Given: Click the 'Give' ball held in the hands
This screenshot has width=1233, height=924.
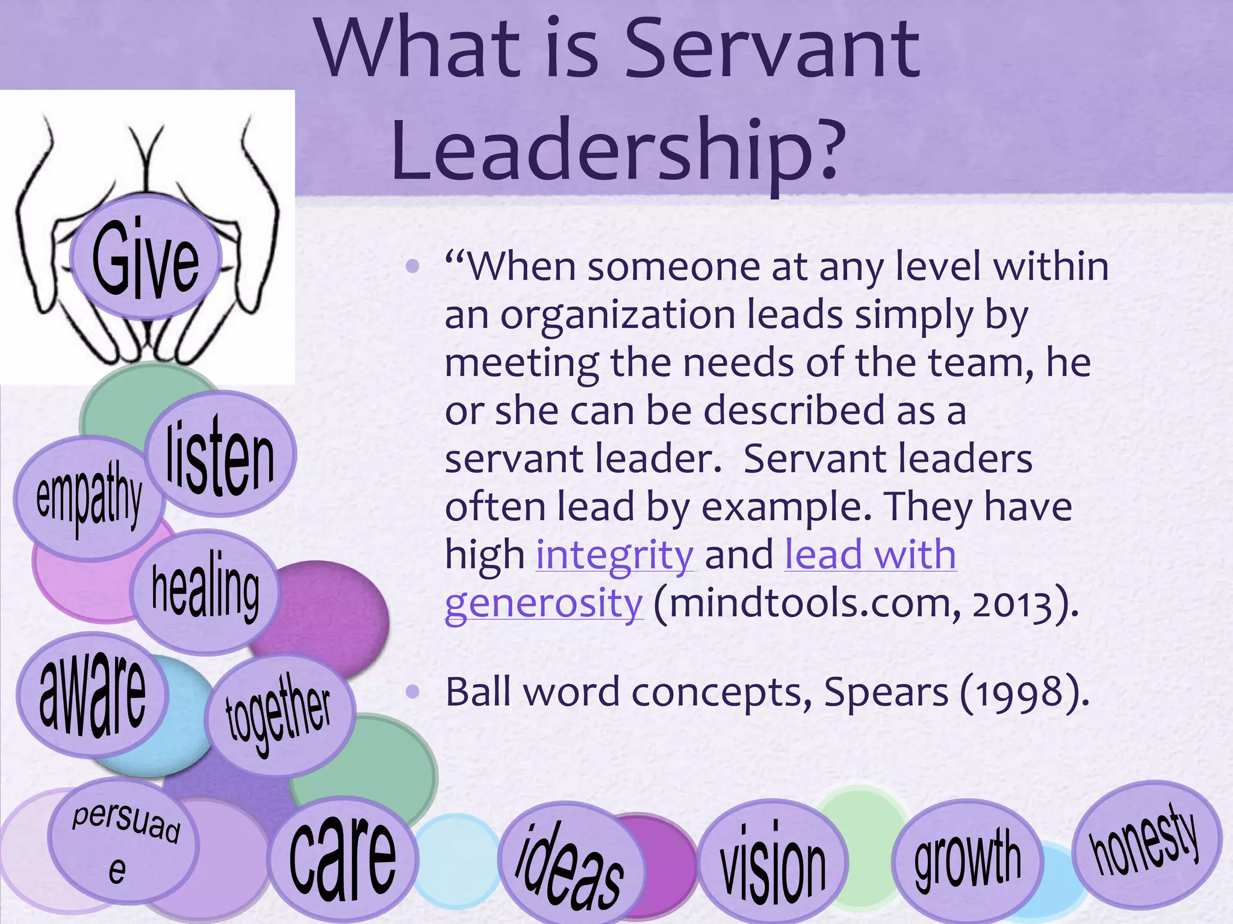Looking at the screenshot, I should (x=145, y=257).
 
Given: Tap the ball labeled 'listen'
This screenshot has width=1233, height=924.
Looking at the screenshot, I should (x=220, y=455).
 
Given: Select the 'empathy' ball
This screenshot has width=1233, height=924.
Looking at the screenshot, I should (x=89, y=498).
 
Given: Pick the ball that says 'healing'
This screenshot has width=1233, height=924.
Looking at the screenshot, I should (x=205, y=591).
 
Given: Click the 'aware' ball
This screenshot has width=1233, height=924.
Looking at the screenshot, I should (x=92, y=695).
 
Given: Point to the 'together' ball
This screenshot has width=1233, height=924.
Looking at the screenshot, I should (x=278, y=715).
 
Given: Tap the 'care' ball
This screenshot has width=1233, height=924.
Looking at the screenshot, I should (x=342, y=858).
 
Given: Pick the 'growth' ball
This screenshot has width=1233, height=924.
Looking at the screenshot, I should (x=967, y=860).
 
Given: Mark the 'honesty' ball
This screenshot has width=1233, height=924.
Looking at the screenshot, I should (x=1145, y=842).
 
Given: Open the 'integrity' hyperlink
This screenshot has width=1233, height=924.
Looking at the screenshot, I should (x=615, y=555).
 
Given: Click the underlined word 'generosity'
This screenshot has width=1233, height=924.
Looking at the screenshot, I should (x=544, y=603).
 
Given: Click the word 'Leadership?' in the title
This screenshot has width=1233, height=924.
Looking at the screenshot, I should (x=614, y=149).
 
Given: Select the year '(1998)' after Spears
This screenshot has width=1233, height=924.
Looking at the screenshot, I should (x=1023, y=693).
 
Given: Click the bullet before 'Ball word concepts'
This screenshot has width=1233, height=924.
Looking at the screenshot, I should (x=412, y=693).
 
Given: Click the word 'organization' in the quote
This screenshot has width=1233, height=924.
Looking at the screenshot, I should (x=618, y=315).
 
